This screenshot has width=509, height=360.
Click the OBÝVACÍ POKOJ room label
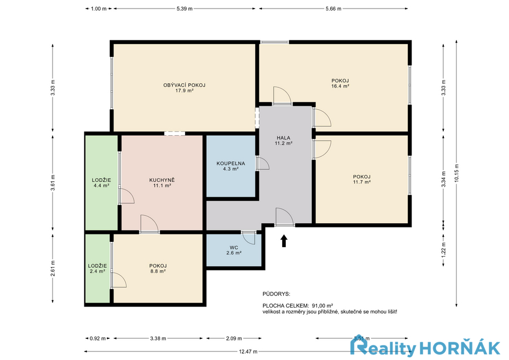184,85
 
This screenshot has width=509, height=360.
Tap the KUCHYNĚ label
162,180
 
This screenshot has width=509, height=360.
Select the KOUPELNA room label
231,164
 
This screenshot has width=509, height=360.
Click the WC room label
234,248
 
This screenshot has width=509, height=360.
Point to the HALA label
283,138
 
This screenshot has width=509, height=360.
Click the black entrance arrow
284,241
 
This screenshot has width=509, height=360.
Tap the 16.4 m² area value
340,86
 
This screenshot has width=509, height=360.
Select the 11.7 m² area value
362,182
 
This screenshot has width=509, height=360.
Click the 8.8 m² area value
158,271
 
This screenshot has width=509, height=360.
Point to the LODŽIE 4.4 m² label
101,183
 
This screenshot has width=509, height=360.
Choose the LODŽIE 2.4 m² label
98,268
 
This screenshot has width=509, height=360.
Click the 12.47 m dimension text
248,352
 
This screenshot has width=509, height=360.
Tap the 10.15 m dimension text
457,173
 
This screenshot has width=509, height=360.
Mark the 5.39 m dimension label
185,9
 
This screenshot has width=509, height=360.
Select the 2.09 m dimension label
234,339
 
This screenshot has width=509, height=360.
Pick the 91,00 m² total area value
322,306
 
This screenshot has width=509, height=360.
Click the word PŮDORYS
276,294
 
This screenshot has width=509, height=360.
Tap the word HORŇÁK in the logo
460,349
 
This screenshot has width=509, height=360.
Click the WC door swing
250,239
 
